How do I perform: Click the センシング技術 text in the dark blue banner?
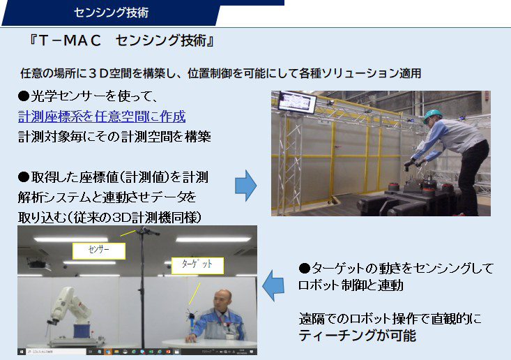pyautogui.click(x=111, y=13)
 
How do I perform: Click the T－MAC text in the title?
pyautogui.click(x=69, y=40)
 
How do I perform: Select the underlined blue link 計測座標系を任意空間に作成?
pyautogui.click(x=102, y=117)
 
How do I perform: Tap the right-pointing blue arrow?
pyautogui.click(x=245, y=185)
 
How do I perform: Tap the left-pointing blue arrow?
pyautogui.click(x=273, y=285)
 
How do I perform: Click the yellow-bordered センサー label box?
pyautogui.click(x=99, y=250)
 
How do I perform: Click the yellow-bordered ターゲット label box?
pyautogui.click(x=197, y=265)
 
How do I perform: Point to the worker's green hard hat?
pyautogui.click(x=433, y=115)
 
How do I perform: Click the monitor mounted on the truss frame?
pyautogui.click(x=297, y=102)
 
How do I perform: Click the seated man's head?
pyautogui.click(x=222, y=299)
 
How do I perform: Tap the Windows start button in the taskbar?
pyautogui.click(x=22, y=352)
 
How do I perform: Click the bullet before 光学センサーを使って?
pyautogui.click(x=24, y=96)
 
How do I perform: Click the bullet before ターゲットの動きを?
pyautogui.click(x=304, y=269)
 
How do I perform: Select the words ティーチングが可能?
pyautogui.click(x=357, y=336)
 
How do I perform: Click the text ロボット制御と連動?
pyautogui.click(x=351, y=285)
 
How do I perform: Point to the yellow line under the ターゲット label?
pyautogui.click(x=195, y=294)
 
